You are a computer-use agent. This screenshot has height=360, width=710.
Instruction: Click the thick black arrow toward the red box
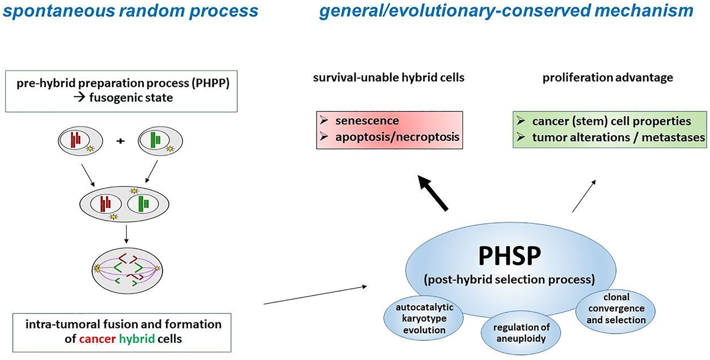(x=434, y=195)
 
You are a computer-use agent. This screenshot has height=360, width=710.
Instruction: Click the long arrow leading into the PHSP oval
(x=315, y=295)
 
